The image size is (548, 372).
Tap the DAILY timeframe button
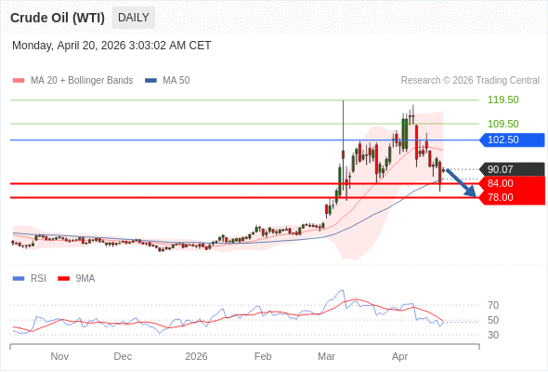pos(134,18)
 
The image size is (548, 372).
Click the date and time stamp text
pos(111,45)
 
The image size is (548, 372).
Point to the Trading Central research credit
pos(470,81)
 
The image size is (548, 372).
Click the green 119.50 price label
pos(502,100)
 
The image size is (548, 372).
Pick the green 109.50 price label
pos(502,124)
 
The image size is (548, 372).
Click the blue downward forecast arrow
pos(461,182)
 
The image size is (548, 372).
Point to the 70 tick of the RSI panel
pos(493,305)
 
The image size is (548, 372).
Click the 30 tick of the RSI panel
pos(493,335)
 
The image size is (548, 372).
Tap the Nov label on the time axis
pos(59,356)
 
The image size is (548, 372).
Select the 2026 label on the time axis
pos(196,356)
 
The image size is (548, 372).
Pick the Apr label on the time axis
pos(399,356)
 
